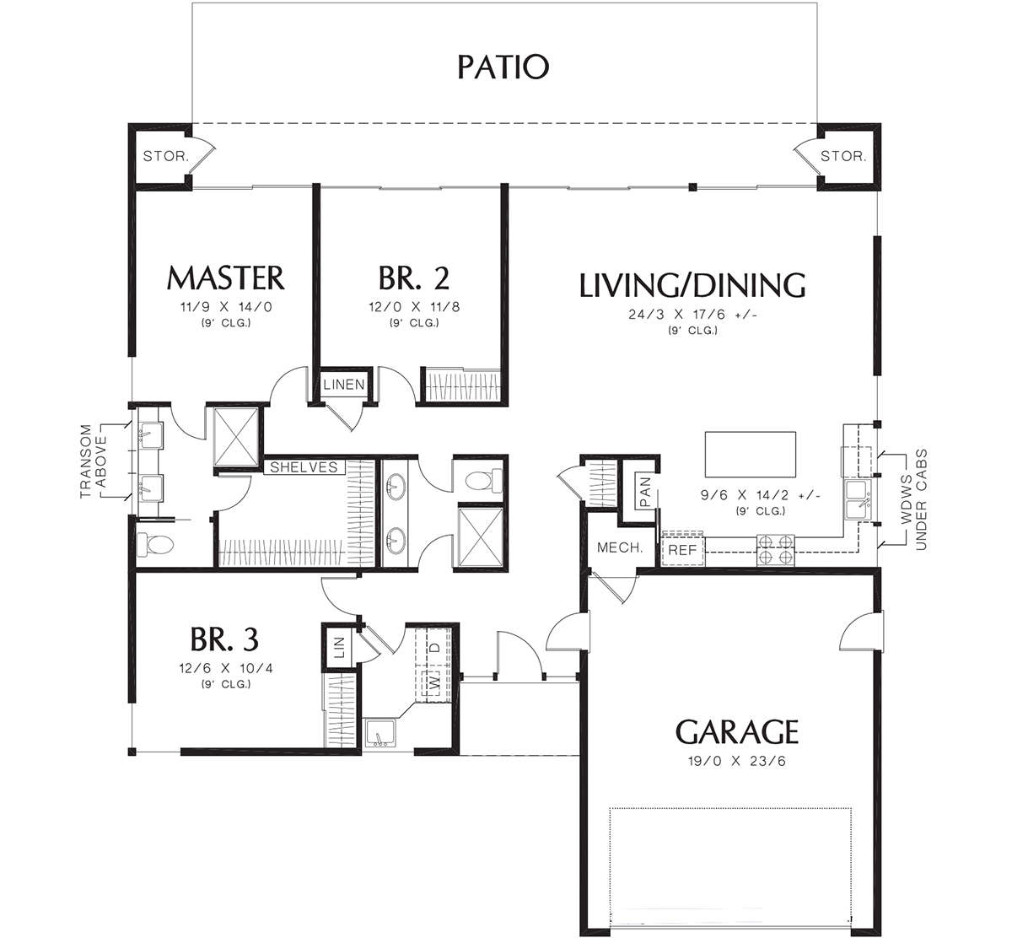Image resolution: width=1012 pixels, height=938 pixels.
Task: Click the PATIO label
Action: click(x=503, y=67)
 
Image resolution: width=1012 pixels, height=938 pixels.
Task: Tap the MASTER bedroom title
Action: click(x=225, y=278)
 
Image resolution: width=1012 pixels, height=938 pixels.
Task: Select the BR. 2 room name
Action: click(x=414, y=278)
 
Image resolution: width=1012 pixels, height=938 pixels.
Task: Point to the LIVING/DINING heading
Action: click(x=692, y=285)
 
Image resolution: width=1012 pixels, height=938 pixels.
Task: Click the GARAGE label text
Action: click(x=737, y=731)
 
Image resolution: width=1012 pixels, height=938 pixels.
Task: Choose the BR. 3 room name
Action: click(x=224, y=639)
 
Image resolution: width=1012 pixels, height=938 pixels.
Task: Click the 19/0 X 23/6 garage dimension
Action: click(x=737, y=762)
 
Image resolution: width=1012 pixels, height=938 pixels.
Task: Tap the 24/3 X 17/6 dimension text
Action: click(x=692, y=315)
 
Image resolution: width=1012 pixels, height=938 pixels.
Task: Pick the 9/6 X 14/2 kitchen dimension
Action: click(x=761, y=494)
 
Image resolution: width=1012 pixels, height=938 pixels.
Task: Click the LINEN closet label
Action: click(x=344, y=385)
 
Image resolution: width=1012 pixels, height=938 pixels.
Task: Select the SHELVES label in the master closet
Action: click(x=304, y=467)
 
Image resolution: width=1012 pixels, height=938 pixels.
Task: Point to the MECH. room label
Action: click(x=620, y=548)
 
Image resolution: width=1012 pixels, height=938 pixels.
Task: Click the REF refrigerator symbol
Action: click(x=682, y=550)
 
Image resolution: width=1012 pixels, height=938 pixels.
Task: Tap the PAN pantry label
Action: click(x=645, y=492)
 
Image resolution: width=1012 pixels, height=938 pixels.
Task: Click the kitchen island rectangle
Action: click(x=750, y=454)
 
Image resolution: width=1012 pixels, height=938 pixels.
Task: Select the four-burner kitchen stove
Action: click(x=776, y=550)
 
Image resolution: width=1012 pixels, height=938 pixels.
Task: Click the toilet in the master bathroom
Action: click(x=155, y=544)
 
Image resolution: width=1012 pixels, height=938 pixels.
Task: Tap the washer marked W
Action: click(x=433, y=683)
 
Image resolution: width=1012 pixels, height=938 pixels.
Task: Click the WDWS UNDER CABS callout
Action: click(x=913, y=499)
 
